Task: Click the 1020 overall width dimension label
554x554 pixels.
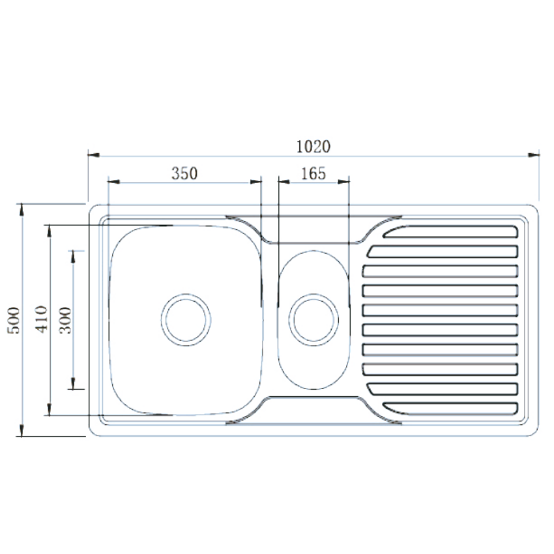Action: click(313, 147)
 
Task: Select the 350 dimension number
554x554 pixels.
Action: click(184, 173)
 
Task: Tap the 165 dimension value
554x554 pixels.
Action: click(313, 173)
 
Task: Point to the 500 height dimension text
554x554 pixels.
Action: click(14, 320)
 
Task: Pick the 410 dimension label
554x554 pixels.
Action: click(40, 320)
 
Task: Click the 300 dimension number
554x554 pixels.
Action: click(65, 320)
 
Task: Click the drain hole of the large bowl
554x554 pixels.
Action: click(186, 319)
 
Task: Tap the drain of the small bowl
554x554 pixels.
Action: click(314, 319)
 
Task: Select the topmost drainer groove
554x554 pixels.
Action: click(450, 232)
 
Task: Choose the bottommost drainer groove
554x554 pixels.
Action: click(450, 409)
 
